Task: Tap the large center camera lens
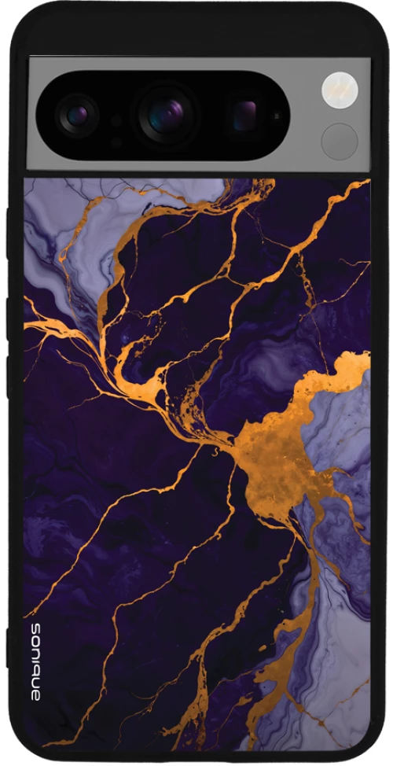click(x=167, y=114)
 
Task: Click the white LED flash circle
click(x=340, y=89)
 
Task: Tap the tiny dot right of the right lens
click(x=276, y=116)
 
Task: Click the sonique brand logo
click(x=35, y=661)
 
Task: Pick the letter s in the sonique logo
click(x=35, y=628)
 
